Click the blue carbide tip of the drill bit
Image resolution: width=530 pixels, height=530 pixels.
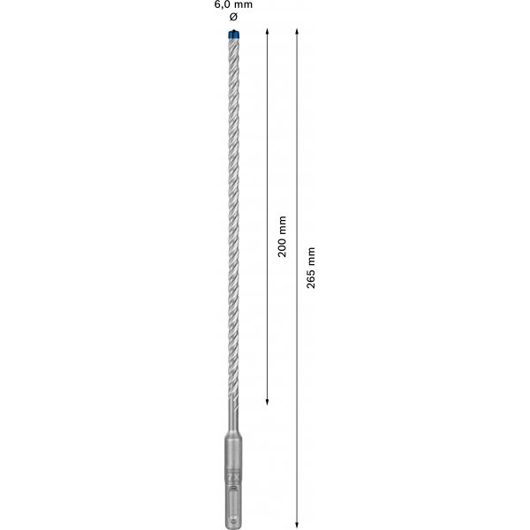pyautogui.click(x=233, y=34)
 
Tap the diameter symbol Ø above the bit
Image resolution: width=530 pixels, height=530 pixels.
pyautogui.click(x=233, y=16)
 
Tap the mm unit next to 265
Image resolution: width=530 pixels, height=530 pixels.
pyautogui.click(x=311, y=257)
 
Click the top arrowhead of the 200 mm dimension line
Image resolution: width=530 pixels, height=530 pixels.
pyautogui.click(x=267, y=31)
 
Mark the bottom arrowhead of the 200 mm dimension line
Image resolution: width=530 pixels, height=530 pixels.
pyautogui.click(x=267, y=402)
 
